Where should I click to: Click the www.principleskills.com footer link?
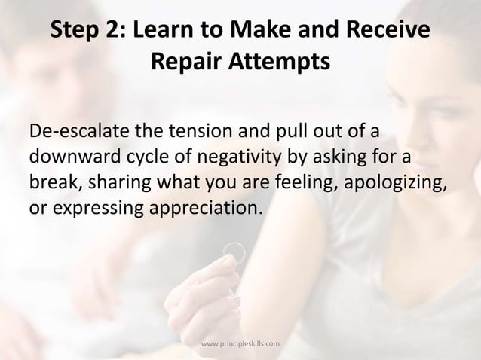click(x=240, y=344)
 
